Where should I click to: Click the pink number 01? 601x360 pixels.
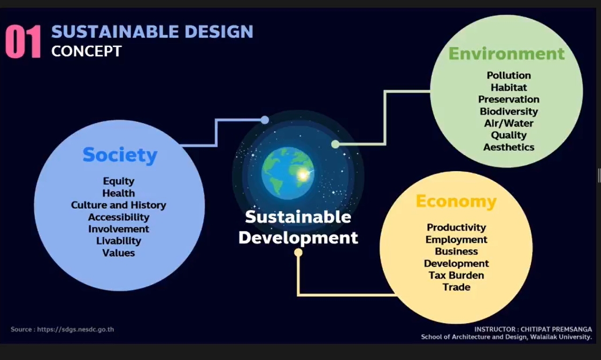click(x=23, y=42)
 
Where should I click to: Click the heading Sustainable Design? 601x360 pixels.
click(x=152, y=32)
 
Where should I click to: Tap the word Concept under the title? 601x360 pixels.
click(x=87, y=51)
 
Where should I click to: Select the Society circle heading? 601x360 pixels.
click(x=120, y=155)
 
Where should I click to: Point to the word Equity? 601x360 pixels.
click(x=119, y=181)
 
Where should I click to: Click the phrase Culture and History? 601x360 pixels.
click(x=119, y=205)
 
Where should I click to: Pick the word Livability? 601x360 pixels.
click(x=119, y=241)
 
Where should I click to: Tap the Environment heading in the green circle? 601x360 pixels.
click(x=506, y=53)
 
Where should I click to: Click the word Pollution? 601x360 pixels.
click(x=508, y=75)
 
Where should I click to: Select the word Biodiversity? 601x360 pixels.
click(x=508, y=111)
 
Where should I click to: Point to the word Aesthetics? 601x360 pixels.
click(x=508, y=147)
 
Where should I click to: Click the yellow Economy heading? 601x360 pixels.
click(x=456, y=201)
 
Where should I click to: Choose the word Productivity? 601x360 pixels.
click(x=456, y=227)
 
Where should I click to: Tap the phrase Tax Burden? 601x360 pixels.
click(x=456, y=275)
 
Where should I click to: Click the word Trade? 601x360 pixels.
click(x=456, y=287)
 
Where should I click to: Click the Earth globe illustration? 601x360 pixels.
click(x=288, y=173)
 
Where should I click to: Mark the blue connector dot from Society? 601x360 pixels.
click(x=265, y=120)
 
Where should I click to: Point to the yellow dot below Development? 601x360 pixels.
click(x=298, y=252)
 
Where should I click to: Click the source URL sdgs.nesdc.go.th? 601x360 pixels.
click(x=75, y=330)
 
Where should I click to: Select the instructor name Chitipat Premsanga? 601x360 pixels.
click(x=556, y=330)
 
